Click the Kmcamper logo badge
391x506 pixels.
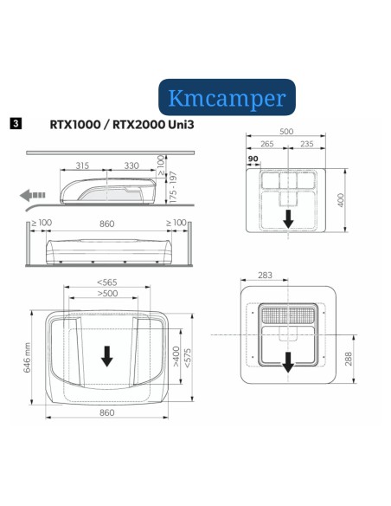228,97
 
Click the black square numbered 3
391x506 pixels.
15,123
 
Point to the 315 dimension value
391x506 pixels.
82,165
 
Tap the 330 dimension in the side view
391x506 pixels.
131,165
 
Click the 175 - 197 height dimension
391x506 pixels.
172,187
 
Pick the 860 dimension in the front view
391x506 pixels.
106,224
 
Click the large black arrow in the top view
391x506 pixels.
106,355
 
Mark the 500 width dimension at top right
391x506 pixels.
287,133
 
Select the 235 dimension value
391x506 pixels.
305,145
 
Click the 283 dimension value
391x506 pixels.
265,276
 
